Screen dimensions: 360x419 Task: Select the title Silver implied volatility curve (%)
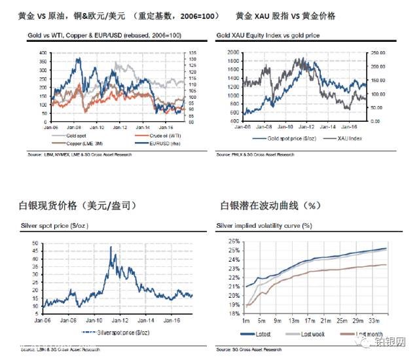tap(264, 226)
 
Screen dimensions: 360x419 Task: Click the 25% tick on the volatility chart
tap(234, 241)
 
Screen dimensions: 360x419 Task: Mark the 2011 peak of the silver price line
tap(111, 247)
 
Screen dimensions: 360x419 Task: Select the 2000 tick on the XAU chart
tap(230, 51)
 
